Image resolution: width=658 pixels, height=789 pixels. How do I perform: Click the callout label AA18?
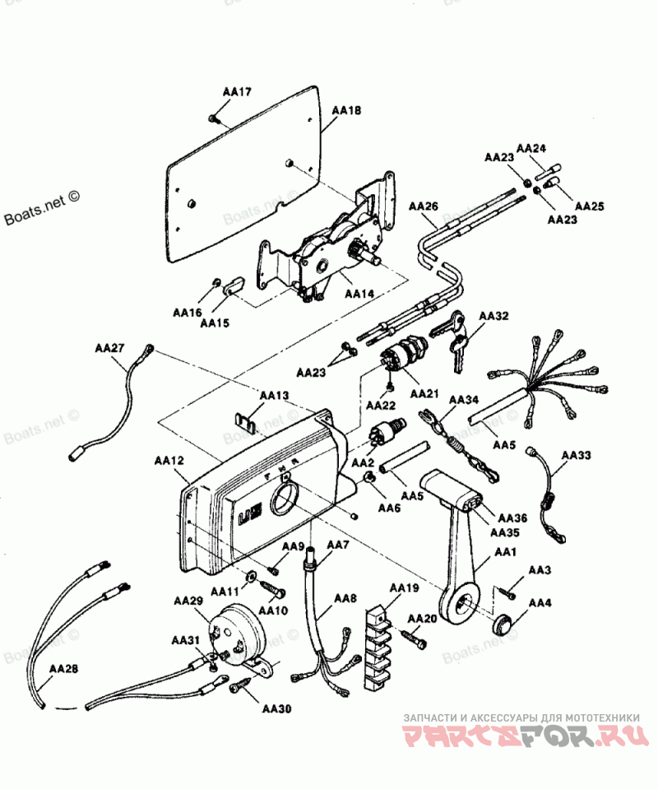point(346,109)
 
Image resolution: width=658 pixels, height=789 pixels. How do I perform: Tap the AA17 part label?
point(237,92)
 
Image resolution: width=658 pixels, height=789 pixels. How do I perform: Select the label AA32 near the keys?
point(493,316)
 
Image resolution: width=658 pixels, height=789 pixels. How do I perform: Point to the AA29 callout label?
point(188,601)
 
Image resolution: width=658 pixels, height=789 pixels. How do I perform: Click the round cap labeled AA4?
point(501,623)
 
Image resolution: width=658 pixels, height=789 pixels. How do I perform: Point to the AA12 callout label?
point(170,462)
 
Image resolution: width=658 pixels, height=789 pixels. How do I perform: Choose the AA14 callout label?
point(359,293)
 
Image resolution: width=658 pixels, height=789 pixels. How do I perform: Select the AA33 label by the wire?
point(575,454)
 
